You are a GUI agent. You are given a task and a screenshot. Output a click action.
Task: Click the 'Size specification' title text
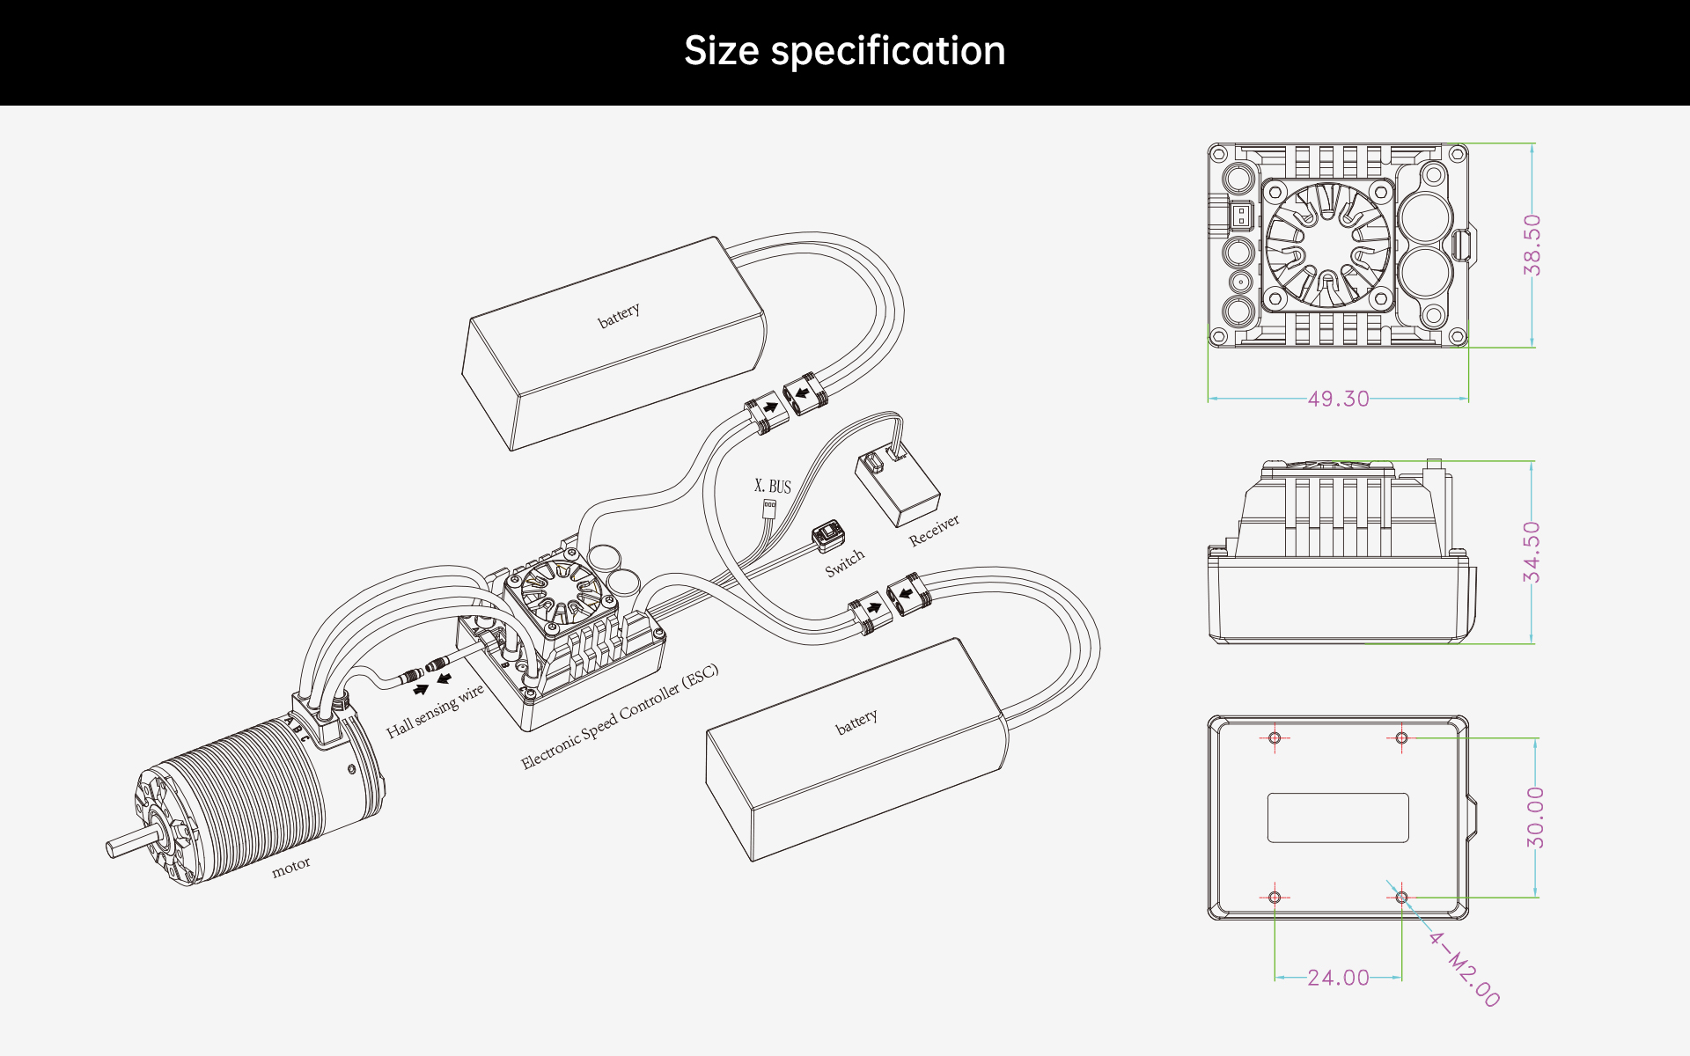845,51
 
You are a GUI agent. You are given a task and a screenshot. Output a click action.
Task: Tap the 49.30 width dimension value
1338,399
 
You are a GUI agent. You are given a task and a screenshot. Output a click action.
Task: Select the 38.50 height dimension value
1532,245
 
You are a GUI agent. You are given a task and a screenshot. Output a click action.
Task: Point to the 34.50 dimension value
1532,552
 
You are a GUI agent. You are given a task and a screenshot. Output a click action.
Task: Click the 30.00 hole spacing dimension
1535,818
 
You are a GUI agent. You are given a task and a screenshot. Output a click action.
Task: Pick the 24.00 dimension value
1338,978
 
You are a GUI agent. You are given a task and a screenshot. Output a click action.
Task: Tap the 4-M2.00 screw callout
1464,969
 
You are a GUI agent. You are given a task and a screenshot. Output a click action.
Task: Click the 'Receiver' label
934,530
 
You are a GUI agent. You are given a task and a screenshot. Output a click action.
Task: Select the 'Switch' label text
845,563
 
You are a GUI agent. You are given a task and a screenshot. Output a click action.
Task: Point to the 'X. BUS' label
773,486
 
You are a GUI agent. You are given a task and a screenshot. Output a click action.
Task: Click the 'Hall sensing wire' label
436,711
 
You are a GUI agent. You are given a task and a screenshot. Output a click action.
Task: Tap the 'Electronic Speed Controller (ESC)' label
620,716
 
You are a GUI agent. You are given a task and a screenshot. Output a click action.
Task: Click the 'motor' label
290,868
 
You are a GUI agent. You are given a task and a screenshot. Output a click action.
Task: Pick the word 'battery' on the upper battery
619,315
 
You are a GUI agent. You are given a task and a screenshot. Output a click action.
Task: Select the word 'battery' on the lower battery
856,722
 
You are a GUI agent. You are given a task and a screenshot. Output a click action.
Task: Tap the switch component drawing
828,537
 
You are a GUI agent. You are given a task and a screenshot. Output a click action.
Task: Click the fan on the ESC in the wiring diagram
561,588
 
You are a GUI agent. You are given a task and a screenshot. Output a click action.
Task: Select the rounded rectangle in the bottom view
1338,818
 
